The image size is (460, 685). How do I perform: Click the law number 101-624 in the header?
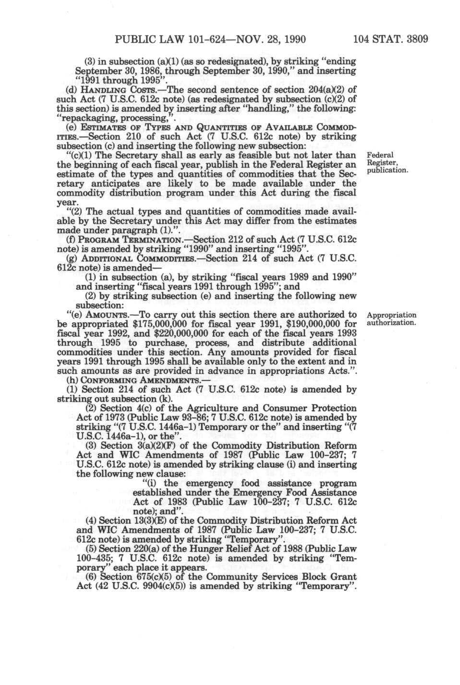[x=217, y=38]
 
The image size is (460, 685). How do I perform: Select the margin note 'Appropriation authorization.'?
[x=391, y=319]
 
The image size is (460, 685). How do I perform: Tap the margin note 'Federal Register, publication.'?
[x=387, y=162]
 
